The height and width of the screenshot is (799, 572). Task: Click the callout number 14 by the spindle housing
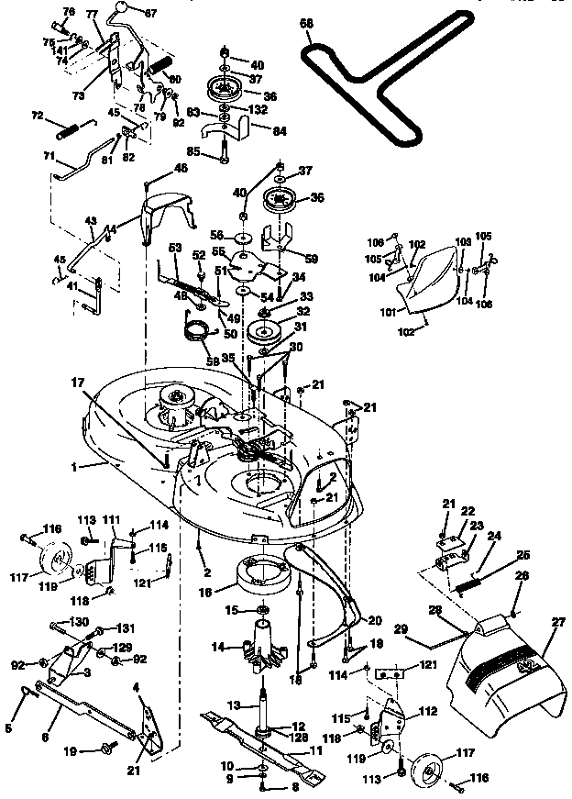(218, 646)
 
